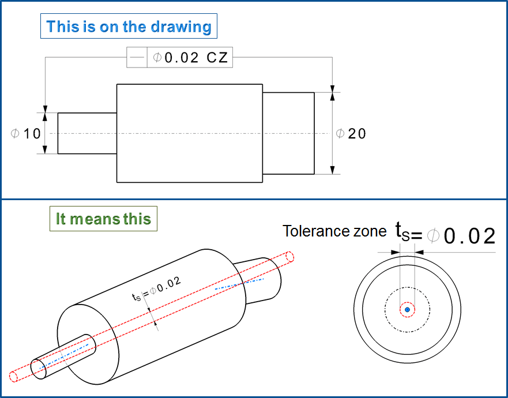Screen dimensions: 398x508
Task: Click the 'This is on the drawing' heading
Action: tap(129, 27)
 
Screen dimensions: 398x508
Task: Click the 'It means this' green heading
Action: tap(103, 219)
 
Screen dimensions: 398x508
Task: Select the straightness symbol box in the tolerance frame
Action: tap(137, 58)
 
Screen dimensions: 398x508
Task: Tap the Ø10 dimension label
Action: tap(27, 133)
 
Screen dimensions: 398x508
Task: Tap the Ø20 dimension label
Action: tap(351, 133)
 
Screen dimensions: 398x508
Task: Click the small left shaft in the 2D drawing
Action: tap(87, 133)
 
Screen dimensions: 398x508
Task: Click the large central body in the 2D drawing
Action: tap(190, 133)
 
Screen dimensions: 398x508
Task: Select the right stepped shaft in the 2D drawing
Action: tap(288, 133)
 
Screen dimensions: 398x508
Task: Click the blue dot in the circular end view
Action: tap(407, 310)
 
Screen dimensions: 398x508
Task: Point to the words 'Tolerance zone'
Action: tap(334, 231)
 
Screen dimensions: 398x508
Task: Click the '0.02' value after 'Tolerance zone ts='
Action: tap(469, 236)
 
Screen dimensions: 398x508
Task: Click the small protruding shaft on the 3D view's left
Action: tap(63, 355)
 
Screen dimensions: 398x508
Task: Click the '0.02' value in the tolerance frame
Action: tap(182, 58)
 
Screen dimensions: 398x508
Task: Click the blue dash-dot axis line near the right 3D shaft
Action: tap(239, 283)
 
